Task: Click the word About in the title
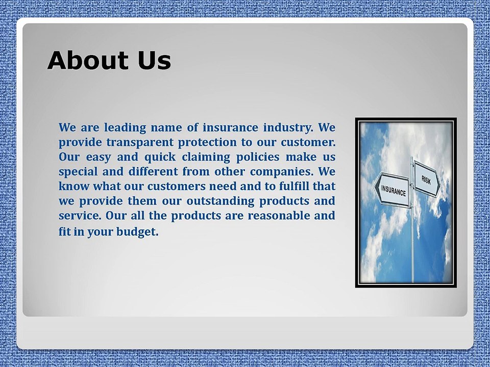[x=88, y=60]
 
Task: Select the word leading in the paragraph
[x=125, y=127]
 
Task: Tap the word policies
[x=258, y=156]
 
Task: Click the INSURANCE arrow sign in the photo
[x=392, y=190]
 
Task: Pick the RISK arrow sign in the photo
[x=427, y=179]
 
